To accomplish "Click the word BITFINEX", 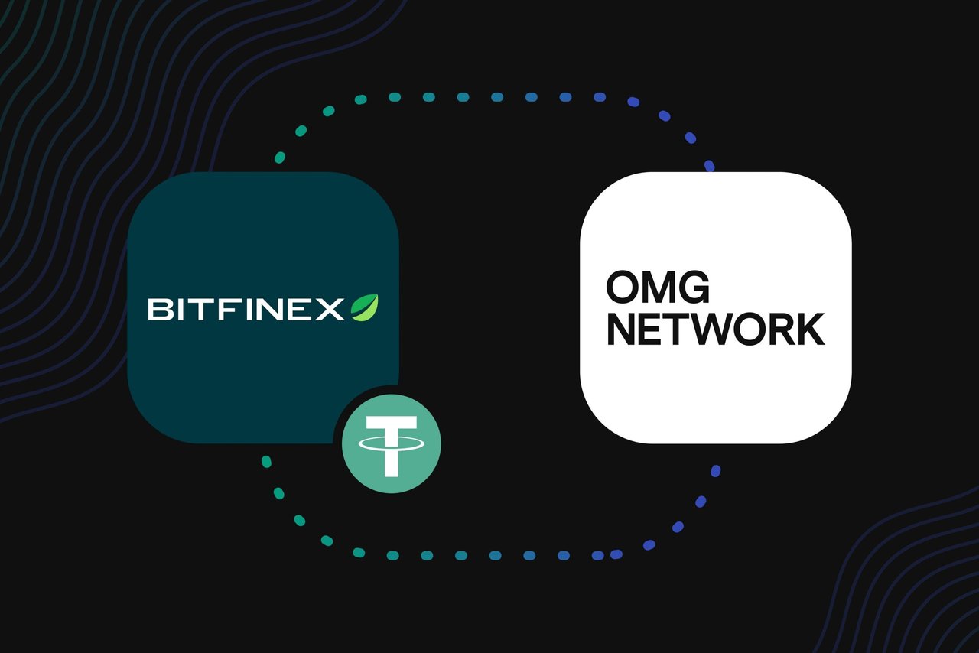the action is [x=246, y=309].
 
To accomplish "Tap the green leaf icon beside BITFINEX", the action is [x=365, y=307].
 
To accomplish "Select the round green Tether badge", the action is [x=391, y=443].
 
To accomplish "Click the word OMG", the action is [x=658, y=288].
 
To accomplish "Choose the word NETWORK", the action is [x=715, y=329].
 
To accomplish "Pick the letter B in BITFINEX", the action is [x=160, y=309].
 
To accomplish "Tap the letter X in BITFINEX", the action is [x=330, y=309].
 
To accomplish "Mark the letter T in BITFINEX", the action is [x=206, y=309].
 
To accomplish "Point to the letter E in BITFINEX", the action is [x=303, y=309].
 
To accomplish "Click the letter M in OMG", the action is [x=659, y=288].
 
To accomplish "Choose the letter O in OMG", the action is [x=622, y=288].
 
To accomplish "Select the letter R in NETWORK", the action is [x=776, y=329].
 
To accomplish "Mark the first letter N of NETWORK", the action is [x=621, y=329].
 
